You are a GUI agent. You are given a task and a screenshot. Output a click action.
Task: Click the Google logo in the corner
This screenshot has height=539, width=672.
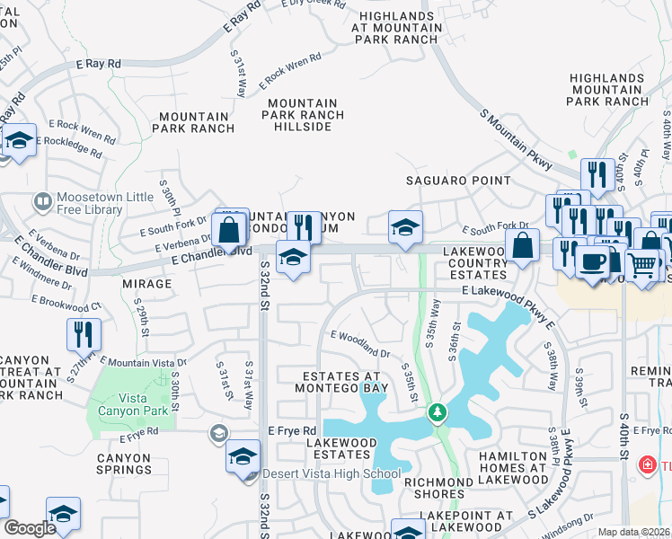pyautogui.click(x=30, y=528)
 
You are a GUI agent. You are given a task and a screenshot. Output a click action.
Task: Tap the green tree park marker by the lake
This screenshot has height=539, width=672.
pyautogui.click(x=438, y=413)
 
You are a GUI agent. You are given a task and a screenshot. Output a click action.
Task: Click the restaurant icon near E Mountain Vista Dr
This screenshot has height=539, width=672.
pyautogui.click(x=84, y=334)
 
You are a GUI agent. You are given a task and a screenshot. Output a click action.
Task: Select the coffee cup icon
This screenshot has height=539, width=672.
pyautogui.click(x=592, y=262)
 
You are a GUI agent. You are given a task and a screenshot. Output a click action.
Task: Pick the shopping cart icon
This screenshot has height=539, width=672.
pyautogui.click(x=642, y=264)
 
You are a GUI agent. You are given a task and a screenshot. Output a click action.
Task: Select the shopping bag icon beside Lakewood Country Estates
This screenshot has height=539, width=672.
pyautogui.click(x=522, y=245)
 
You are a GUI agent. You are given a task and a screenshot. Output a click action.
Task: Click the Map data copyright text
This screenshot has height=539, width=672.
pyautogui.click(x=634, y=532)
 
